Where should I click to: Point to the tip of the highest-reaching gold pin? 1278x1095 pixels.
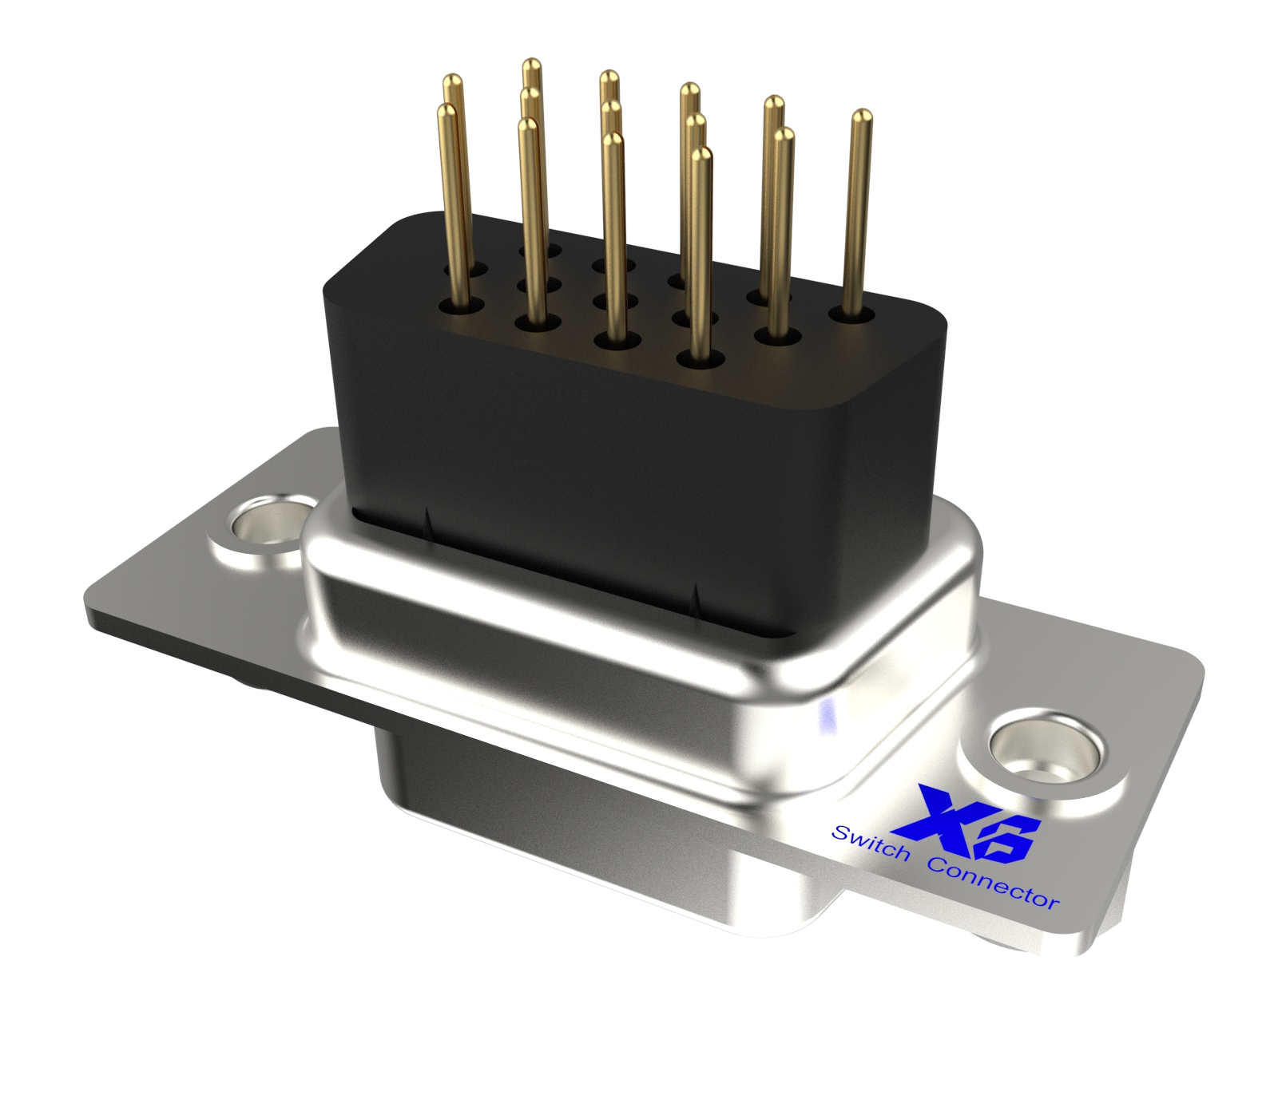point(532,65)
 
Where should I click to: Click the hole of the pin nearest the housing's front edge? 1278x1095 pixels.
point(700,359)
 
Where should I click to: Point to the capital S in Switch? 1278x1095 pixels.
point(840,833)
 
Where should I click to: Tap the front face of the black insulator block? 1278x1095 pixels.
point(559,447)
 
